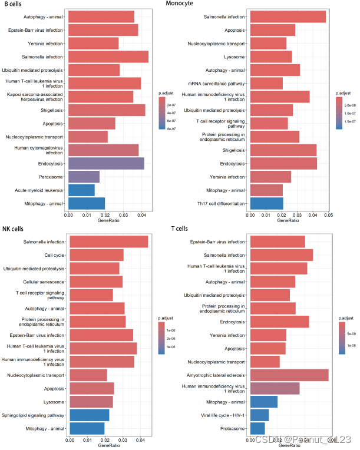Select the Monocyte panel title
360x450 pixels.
[181, 4]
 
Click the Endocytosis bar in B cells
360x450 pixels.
[106, 164]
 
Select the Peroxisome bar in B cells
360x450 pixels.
[84, 177]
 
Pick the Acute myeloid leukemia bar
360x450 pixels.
[81, 190]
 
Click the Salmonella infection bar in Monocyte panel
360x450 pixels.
[288, 17]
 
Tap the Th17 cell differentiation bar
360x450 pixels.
[266, 203]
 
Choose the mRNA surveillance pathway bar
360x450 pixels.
[266, 83]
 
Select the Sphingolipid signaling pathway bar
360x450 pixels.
[89, 415]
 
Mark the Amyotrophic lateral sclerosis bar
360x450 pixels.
[289, 375]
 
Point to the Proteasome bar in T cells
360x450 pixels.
[257, 428]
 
